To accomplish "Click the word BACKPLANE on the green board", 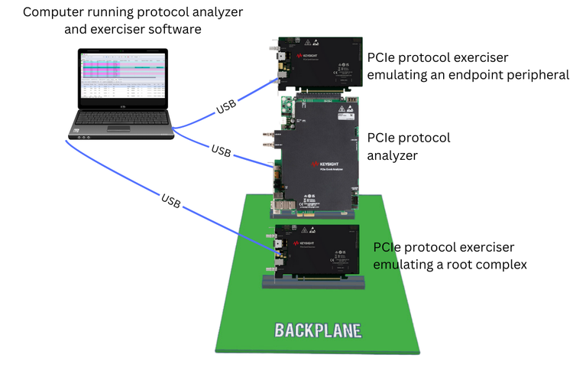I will [317, 331].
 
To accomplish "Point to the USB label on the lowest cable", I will [171, 200].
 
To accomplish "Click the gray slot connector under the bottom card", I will [313, 282].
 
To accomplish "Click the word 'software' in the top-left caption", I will [177, 30].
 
